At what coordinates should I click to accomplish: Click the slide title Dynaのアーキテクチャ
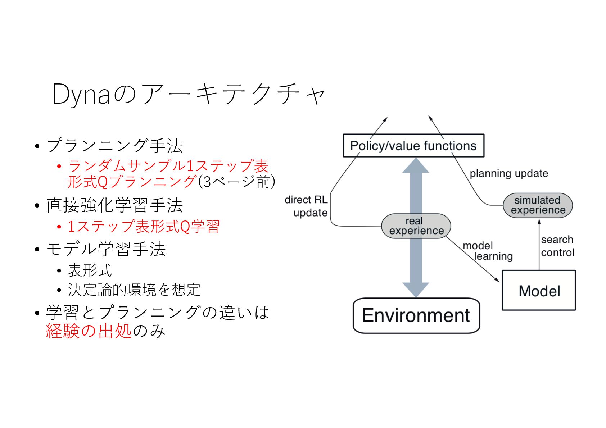pos(189,94)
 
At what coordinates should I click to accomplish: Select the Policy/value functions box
pos(413,146)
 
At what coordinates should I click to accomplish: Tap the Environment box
pos(416,315)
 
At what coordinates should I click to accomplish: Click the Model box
pos(539,290)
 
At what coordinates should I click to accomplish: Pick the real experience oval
pos(416,226)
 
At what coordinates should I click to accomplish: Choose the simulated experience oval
pos(538,205)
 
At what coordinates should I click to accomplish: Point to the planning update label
pos(508,173)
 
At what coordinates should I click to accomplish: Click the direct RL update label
pos(307,206)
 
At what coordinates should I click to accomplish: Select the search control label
pos(557,246)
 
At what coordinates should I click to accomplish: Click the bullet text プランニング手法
pos(115,146)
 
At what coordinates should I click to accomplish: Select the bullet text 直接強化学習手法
pos(115,205)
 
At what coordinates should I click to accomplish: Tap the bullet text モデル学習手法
pos(106,249)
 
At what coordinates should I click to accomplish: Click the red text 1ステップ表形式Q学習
pos(144,227)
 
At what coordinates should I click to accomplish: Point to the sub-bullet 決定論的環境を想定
pos(134,290)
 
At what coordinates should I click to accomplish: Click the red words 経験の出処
pos(89,331)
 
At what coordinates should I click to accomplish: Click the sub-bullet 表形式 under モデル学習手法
pos(90,270)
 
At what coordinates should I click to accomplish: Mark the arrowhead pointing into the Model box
pos(497,280)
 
